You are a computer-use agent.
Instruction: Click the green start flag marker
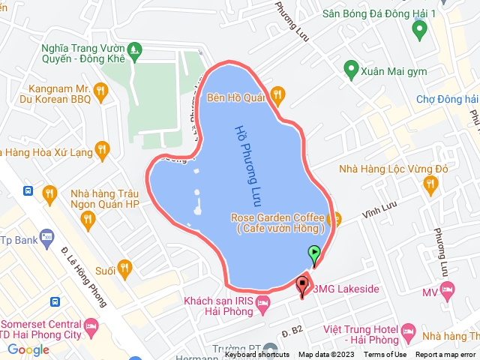pos(315,253)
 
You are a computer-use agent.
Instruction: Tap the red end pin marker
pos(302,285)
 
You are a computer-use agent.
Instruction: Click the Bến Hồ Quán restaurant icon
pos(277,94)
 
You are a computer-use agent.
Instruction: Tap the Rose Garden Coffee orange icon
pos(334,219)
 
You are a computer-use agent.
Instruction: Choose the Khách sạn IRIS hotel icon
pos(262,304)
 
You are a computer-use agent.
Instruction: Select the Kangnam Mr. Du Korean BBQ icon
pos(101,91)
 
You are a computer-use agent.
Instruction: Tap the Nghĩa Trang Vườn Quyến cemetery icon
pos(134,51)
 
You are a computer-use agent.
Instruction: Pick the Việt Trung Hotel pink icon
pos(409,331)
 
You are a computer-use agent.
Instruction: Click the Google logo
pos(28,349)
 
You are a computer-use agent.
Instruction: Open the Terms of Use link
pos(385,355)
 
